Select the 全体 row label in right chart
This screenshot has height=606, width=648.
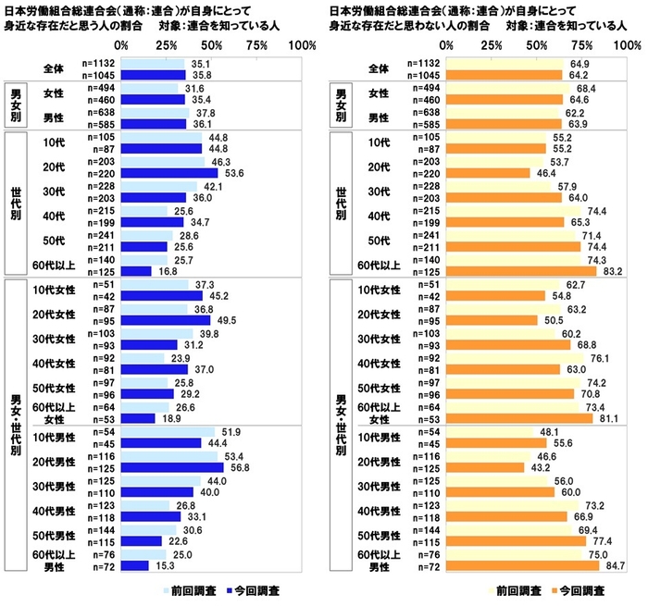pyautogui.click(x=380, y=68)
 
